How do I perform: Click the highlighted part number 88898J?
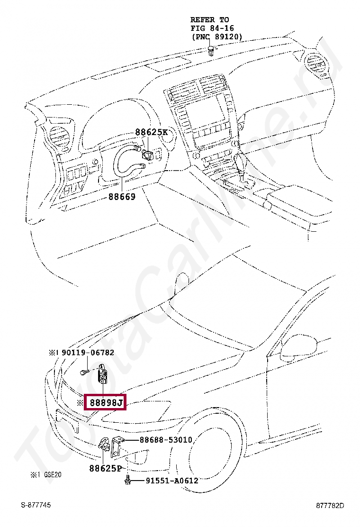(105, 403)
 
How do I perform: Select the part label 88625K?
(151, 133)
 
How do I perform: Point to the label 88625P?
(105, 469)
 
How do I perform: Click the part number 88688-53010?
(166, 440)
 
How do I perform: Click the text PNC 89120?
(217, 36)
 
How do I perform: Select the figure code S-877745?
(36, 505)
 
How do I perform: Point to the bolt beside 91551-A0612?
(127, 481)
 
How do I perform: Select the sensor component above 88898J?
(102, 375)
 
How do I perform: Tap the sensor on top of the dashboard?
(211, 50)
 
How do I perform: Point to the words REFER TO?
(209, 20)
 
